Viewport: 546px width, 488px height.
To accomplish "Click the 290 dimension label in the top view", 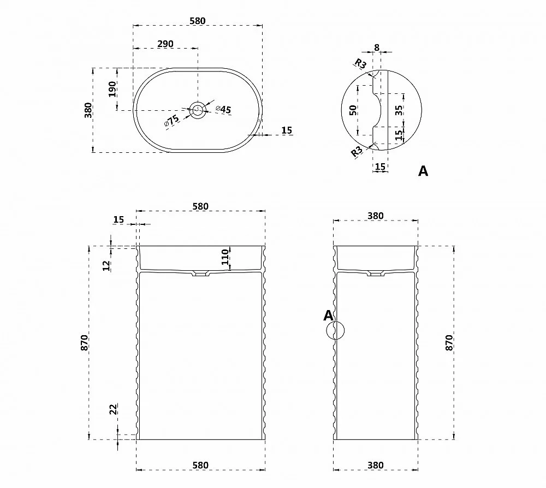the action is coord(165,44).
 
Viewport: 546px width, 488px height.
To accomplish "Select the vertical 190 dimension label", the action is coord(112,89).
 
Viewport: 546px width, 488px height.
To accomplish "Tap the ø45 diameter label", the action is coord(223,109).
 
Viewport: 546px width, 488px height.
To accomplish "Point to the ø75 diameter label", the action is coord(171,121).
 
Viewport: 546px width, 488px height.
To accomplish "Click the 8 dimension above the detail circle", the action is coord(376,47).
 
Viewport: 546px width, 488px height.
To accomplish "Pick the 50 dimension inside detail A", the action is coord(353,110).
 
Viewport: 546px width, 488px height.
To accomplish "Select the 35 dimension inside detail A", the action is coord(399,110).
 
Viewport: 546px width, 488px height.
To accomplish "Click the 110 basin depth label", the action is coord(225,257).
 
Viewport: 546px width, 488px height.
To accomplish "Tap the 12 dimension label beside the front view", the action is coord(106,266).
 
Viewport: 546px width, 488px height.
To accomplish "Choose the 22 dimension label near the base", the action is coord(114,409).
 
